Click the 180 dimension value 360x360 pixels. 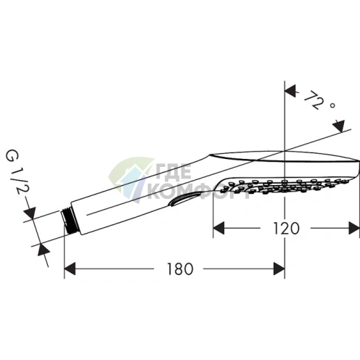[x=180, y=269]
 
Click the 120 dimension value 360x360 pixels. [x=286, y=228]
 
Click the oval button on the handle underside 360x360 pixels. [x=185, y=199]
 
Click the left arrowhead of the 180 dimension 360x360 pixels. [x=70, y=269]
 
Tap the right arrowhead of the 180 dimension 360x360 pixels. [x=279, y=269]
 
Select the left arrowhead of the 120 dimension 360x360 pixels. [x=218, y=228]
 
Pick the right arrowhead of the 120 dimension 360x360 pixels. [x=354, y=228]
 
